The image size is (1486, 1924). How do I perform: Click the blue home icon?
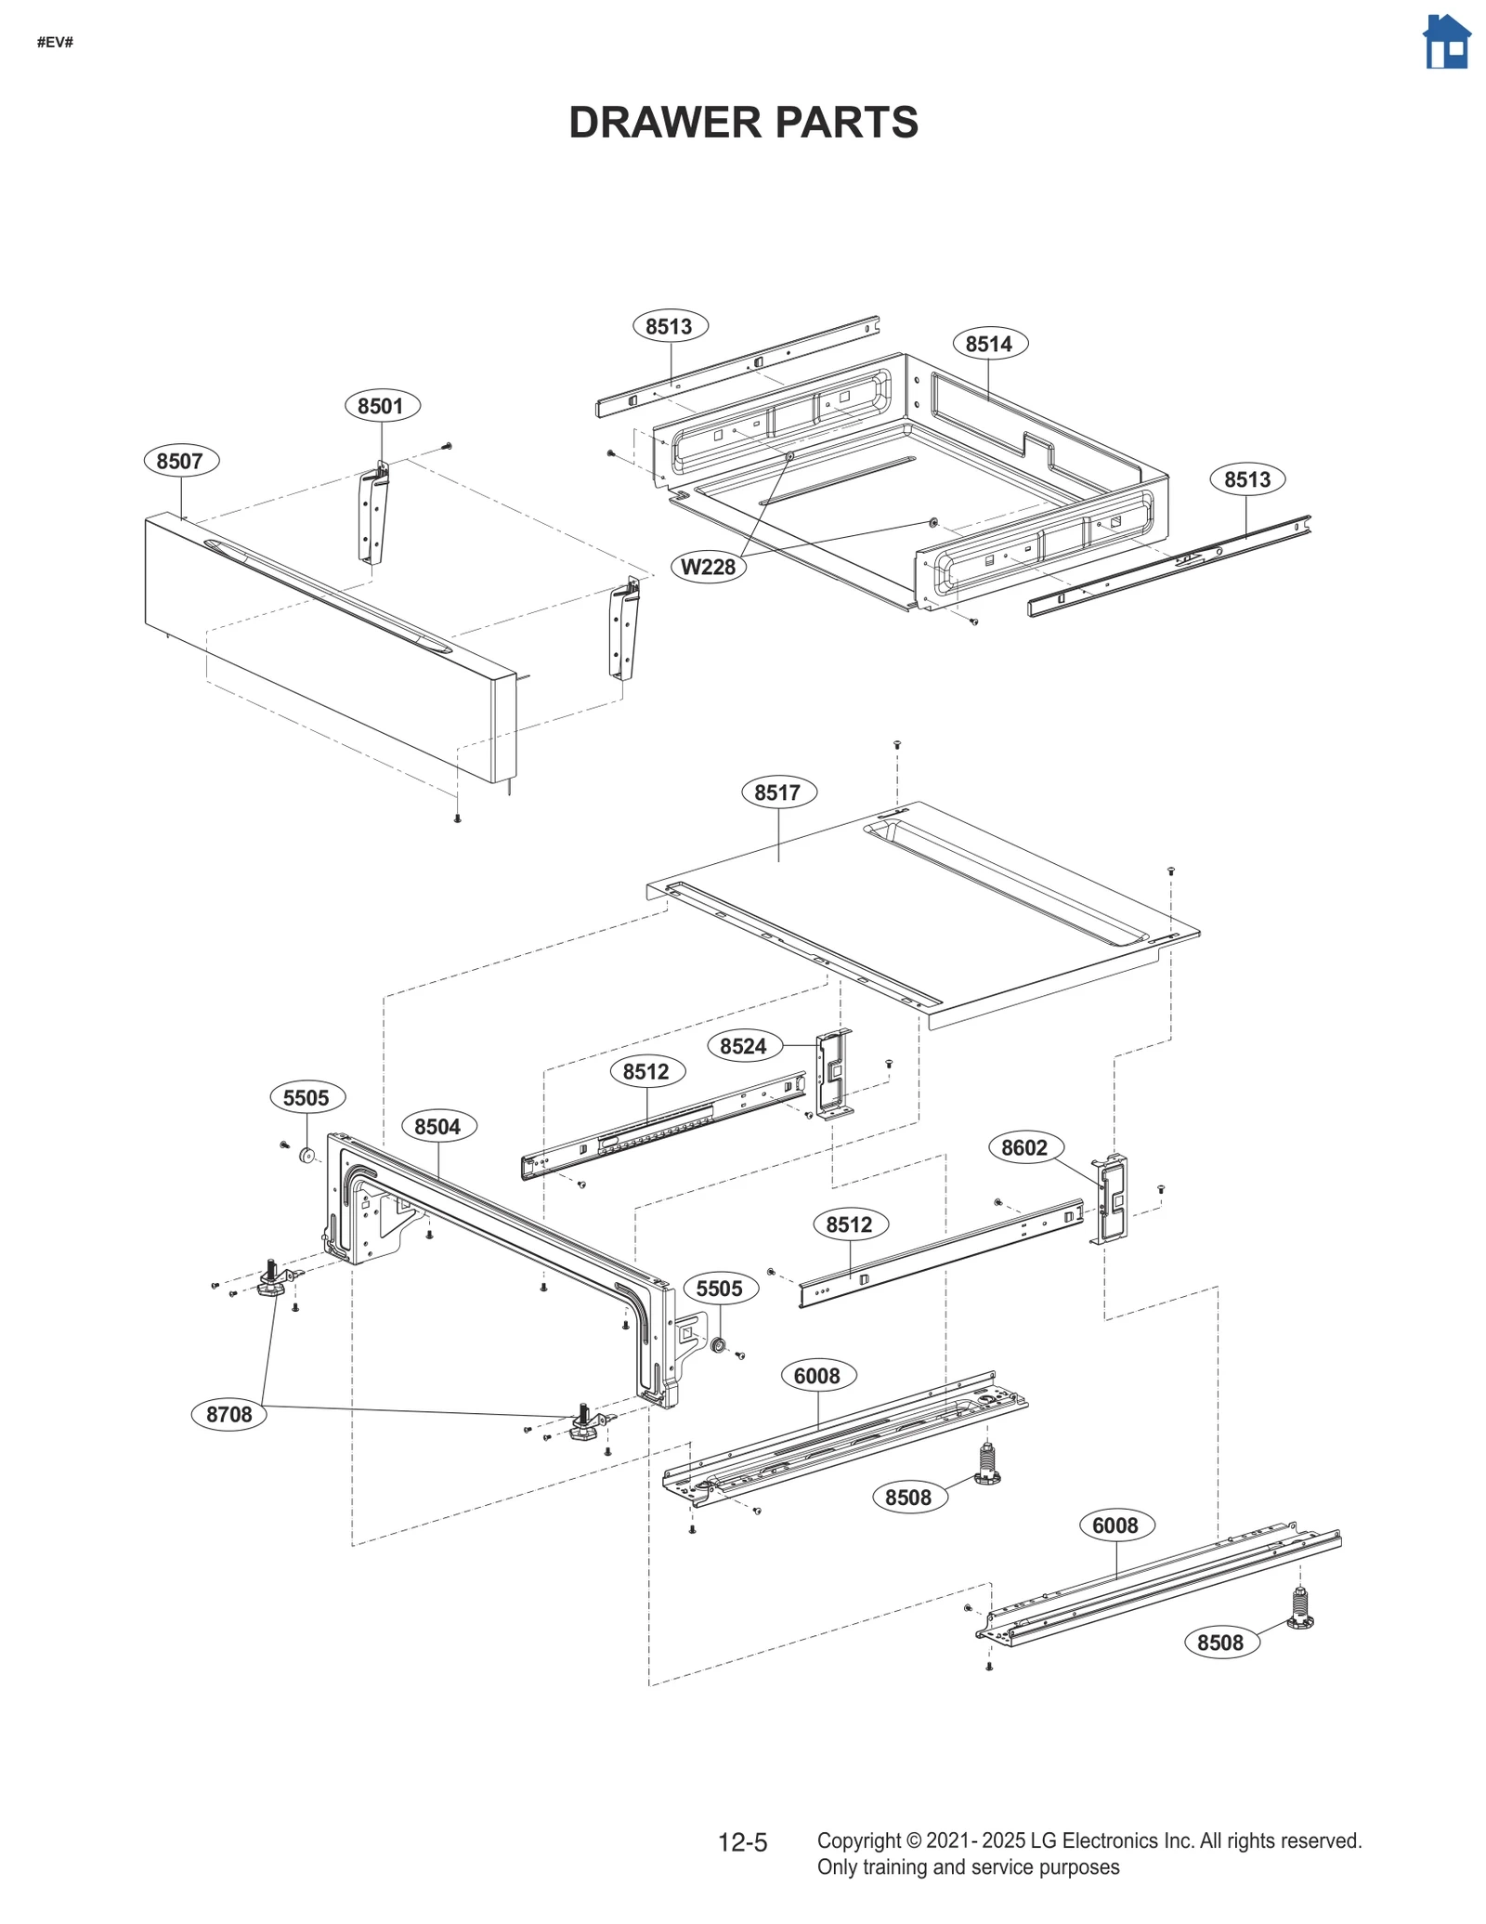(1446, 42)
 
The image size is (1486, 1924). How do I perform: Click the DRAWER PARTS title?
(743, 123)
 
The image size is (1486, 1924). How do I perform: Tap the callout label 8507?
(180, 461)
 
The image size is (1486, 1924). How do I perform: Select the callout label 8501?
(381, 406)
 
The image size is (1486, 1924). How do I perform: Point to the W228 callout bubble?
(708, 567)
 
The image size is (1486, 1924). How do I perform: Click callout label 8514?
(989, 344)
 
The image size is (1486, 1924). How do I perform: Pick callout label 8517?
(777, 792)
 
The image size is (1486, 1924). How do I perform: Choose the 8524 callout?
(743, 1046)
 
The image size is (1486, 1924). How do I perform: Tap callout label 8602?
(1024, 1147)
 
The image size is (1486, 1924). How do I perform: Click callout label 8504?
(437, 1127)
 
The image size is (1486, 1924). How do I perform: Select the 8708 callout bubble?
(228, 1414)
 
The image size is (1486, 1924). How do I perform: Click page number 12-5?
(742, 1843)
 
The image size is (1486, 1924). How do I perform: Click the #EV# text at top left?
(55, 43)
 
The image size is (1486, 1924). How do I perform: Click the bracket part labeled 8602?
(1112, 1198)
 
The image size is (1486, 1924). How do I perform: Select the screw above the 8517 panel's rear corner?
(897, 745)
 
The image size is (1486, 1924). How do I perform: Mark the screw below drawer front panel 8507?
(457, 818)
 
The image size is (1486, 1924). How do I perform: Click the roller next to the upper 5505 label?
(306, 1156)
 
